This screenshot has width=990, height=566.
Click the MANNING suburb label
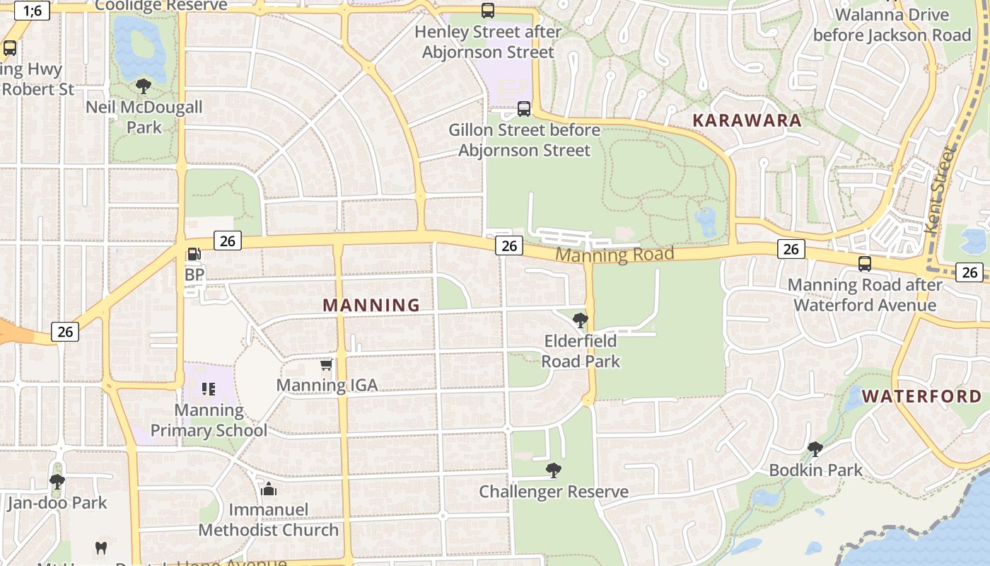point(371,305)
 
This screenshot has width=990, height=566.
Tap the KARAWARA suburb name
point(747,120)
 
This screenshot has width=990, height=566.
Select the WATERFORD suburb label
point(922,396)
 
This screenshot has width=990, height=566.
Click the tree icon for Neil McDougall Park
point(144,87)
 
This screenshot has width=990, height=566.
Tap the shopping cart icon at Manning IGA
point(326,365)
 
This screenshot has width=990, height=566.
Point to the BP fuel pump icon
point(193,254)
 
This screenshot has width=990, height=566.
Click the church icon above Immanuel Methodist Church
point(268,489)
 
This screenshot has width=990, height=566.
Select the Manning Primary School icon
point(208,388)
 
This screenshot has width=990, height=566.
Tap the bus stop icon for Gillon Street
point(523,109)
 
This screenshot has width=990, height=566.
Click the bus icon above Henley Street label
point(488,11)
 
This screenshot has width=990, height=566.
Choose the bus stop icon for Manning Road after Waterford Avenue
point(864,264)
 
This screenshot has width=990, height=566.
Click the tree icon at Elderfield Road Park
point(580,320)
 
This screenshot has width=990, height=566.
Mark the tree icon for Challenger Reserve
point(553,470)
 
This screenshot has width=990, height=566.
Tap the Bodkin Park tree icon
point(815,449)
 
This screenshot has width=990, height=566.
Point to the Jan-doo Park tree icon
point(57,482)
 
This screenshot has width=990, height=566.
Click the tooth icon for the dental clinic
point(100,548)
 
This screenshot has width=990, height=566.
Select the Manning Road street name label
point(614,255)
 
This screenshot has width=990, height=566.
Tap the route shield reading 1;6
point(32,11)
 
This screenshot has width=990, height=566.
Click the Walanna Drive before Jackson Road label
point(892,25)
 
